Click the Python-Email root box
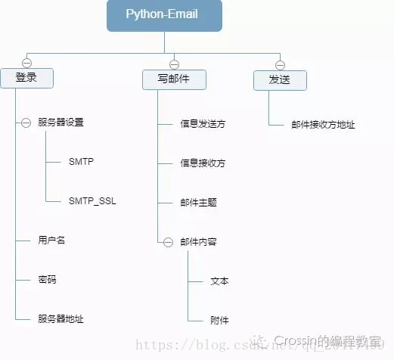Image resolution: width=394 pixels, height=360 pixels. [164, 16]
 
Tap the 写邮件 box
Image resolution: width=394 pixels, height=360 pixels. [174, 79]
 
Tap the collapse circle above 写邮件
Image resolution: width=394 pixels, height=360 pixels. [174, 64]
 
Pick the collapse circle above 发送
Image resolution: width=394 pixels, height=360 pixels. [279, 64]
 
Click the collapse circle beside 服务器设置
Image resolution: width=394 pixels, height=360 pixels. [26, 122]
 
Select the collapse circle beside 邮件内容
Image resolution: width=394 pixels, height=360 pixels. [169, 242]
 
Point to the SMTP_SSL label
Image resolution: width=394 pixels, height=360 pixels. [93, 201]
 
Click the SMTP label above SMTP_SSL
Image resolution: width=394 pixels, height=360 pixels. [81, 162]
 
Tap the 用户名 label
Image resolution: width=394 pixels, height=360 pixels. [52, 241]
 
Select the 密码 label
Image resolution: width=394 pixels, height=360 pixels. [47, 280]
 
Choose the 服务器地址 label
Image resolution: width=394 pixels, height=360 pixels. [60, 319]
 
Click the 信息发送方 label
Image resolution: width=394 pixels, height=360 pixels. [203, 123]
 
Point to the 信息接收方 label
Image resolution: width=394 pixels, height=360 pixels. [203, 163]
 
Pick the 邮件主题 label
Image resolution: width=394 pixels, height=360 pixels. [198, 203]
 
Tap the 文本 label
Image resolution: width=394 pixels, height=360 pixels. [219, 281]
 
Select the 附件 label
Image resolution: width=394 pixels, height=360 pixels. [219, 321]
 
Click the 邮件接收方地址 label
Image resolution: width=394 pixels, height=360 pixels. [323, 125]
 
